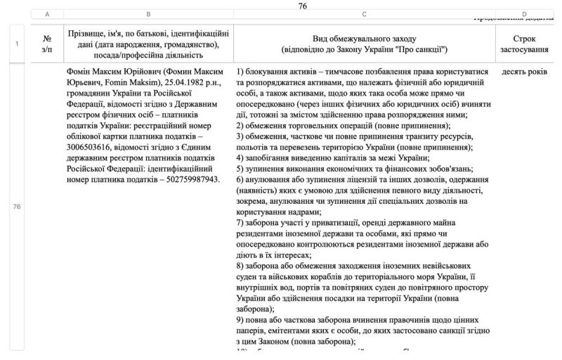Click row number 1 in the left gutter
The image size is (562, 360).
[16, 44]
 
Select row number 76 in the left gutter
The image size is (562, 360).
[16, 207]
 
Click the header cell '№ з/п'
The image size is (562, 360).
[47, 44]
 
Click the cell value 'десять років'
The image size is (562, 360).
[525, 71]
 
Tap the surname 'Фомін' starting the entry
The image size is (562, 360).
[78, 71]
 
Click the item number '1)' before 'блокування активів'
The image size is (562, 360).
[241, 71]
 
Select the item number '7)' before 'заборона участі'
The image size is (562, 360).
[241, 223]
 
